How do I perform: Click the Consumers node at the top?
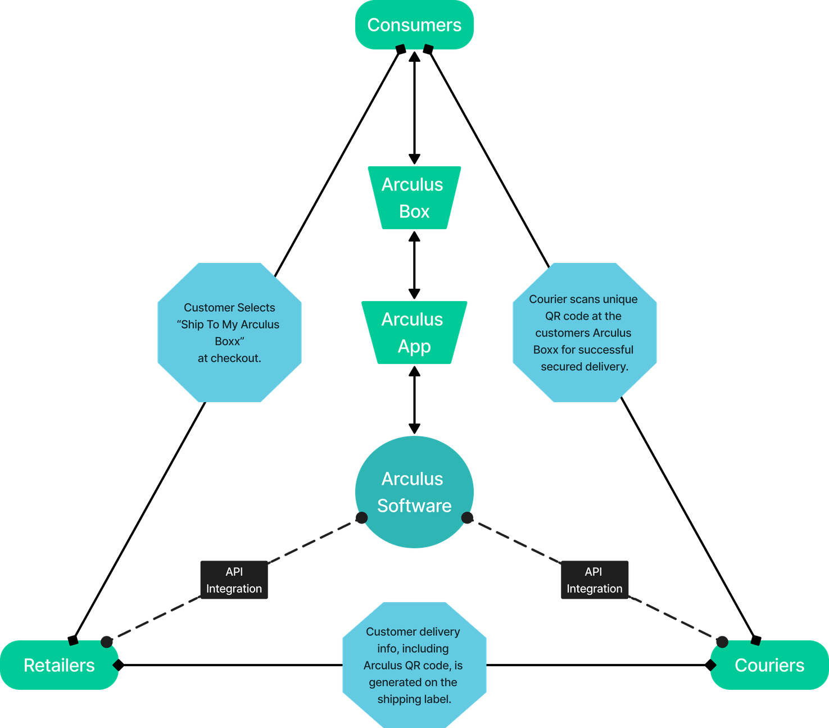[x=414, y=25]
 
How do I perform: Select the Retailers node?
[x=59, y=665]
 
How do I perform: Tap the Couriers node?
[x=769, y=665]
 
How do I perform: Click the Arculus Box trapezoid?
[x=414, y=198]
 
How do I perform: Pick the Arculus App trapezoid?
[x=414, y=333]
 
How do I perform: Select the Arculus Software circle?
[x=414, y=492]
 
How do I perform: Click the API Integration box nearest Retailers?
[x=234, y=580]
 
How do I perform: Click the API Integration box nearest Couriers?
[x=595, y=580]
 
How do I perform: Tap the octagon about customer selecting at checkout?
[x=229, y=333]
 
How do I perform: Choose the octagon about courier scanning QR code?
[x=584, y=333]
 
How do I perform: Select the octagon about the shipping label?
[x=414, y=665]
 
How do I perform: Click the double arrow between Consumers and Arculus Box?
[x=414, y=107]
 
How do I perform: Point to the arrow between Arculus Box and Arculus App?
[x=414, y=265]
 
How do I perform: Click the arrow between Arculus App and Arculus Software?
[x=414, y=400]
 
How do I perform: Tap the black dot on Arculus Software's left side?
[x=361, y=518]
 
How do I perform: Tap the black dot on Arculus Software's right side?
[x=468, y=518]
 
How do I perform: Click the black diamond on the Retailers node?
[x=119, y=665]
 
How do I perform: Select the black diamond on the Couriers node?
[x=710, y=665]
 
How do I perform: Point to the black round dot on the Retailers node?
[x=107, y=641]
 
